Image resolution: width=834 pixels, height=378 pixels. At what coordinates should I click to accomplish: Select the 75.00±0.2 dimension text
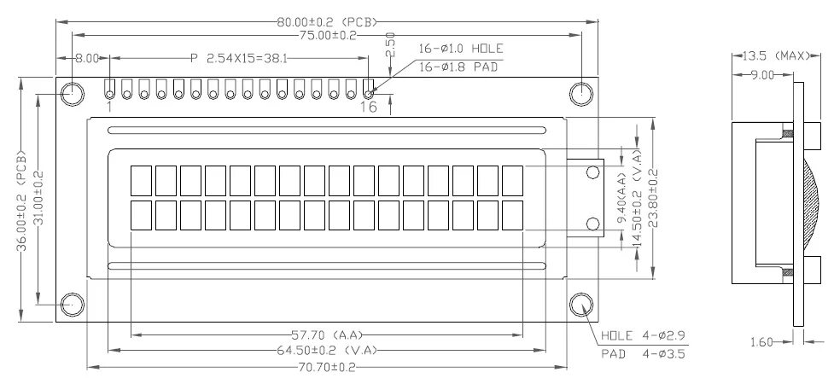(x=326, y=36)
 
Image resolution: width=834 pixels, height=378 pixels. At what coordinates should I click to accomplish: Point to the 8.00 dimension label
(x=86, y=59)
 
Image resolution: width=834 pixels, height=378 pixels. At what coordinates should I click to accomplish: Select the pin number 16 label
(x=368, y=107)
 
